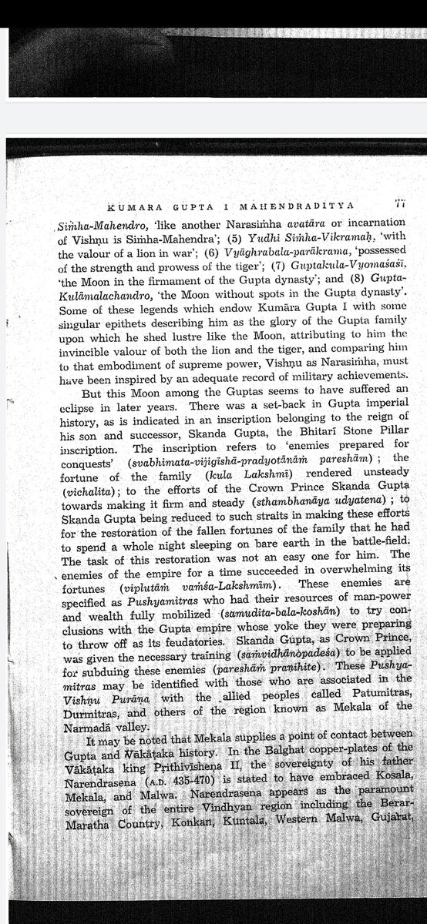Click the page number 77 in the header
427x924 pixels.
pos(399,203)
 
